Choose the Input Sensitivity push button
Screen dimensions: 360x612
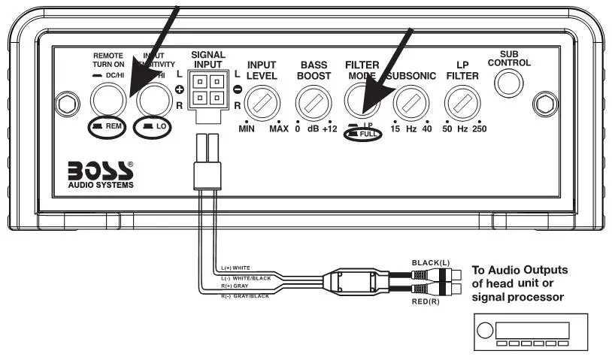153,98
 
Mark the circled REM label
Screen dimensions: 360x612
108,126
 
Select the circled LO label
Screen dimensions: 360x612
155,126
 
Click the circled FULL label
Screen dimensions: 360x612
363,135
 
